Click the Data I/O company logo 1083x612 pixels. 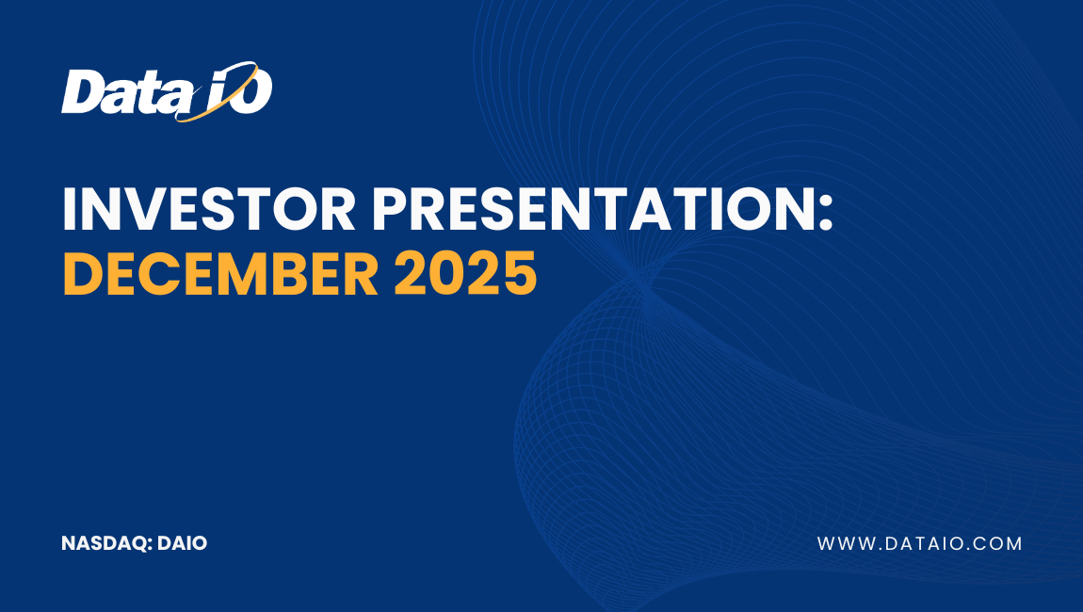coord(167,92)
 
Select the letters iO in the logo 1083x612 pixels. coord(240,93)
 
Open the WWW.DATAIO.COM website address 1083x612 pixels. coord(919,543)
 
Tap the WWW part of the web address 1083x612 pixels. coord(842,543)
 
